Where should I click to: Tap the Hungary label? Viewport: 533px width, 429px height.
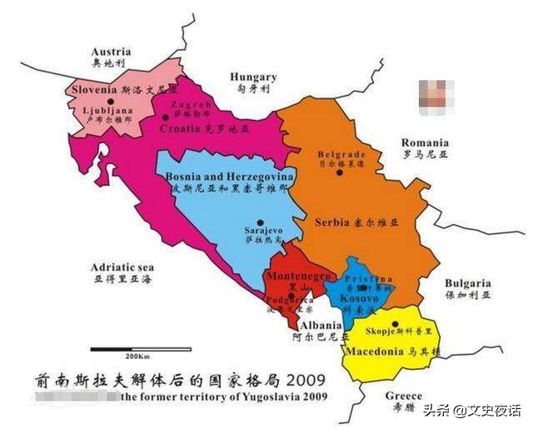pyautogui.click(x=253, y=76)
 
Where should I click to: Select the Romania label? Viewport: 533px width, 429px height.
pyautogui.click(x=424, y=142)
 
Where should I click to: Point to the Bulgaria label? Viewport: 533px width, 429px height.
pyautogui.click(x=467, y=283)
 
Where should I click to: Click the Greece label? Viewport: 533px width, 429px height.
pyautogui.click(x=404, y=397)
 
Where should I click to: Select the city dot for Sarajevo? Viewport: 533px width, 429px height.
pyautogui.click(x=260, y=222)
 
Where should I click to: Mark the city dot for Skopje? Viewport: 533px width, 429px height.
pyautogui.click(x=396, y=323)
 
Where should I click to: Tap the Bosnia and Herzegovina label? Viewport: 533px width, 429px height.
pyautogui.click(x=229, y=177)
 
